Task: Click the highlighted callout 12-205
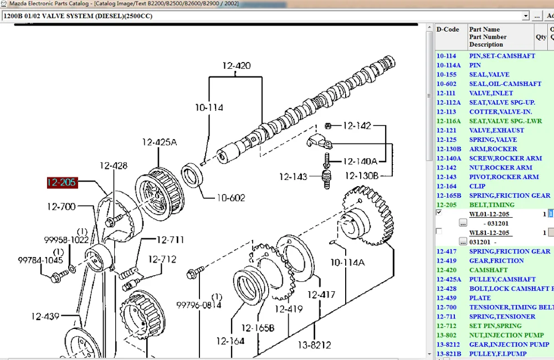pyautogui.click(x=62, y=182)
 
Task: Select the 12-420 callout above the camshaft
pyautogui.click(x=237, y=66)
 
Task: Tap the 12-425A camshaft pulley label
pyautogui.click(x=159, y=142)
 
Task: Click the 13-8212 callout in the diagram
pyautogui.click(x=315, y=345)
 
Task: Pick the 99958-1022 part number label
pyautogui.click(x=66, y=240)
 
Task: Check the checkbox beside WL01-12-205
pyautogui.click(x=439, y=213)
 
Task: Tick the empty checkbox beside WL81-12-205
pyautogui.click(x=439, y=231)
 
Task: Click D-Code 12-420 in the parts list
pyautogui.click(x=446, y=270)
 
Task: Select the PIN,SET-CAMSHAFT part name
pyautogui.click(x=502, y=56)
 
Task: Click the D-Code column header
pyautogui.click(x=448, y=29)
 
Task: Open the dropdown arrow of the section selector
pyautogui.click(x=525, y=16)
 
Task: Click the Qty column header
pyautogui.click(x=541, y=37)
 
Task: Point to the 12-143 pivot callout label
pyautogui.click(x=293, y=177)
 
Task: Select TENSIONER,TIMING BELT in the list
pyautogui.click(x=510, y=307)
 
